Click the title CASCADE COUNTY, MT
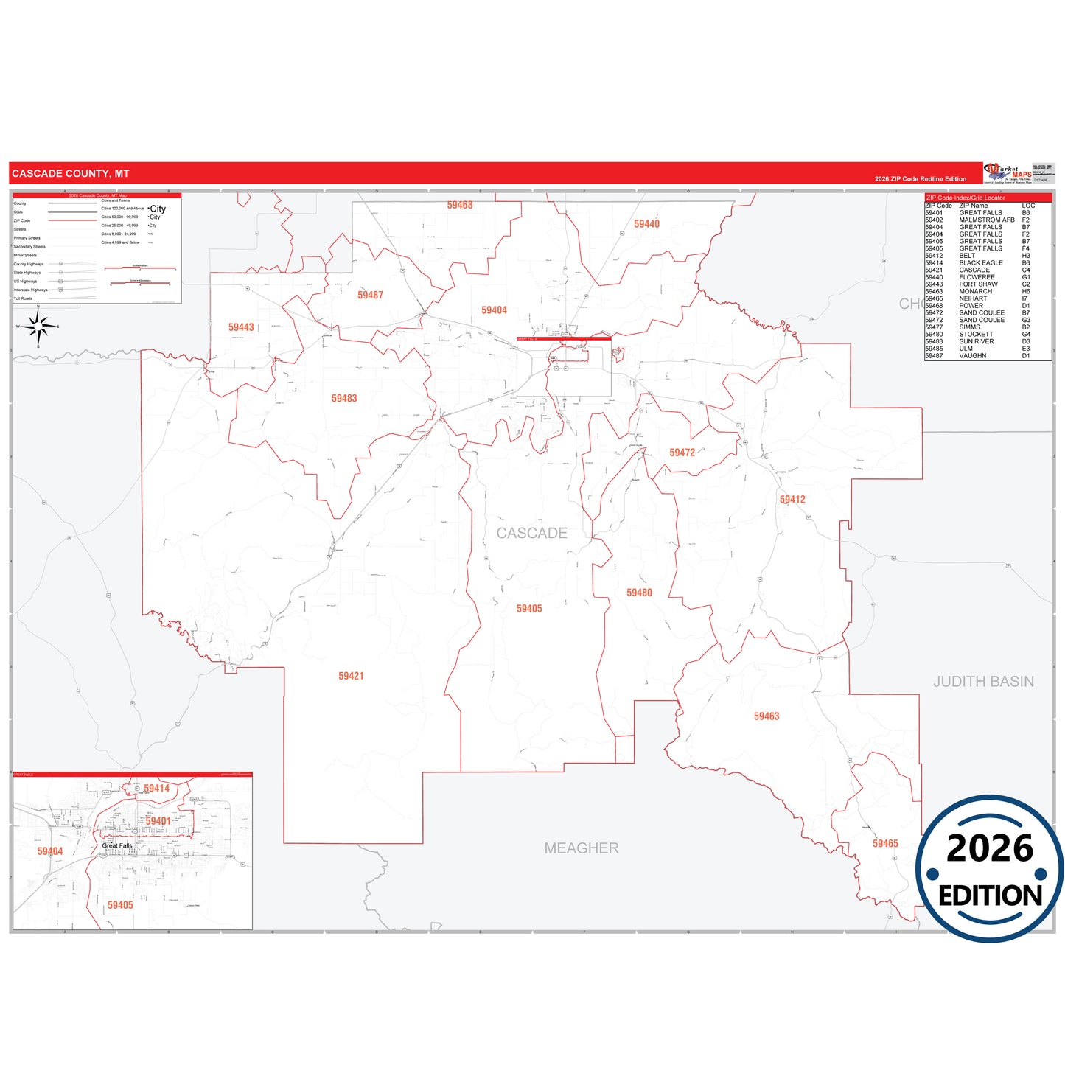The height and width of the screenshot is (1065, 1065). pyautogui.click(x=71, y=174)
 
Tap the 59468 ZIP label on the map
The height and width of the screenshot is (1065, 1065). pyautogui.click(x=459, y=205)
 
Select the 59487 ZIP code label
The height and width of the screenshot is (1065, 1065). pyautogui.click(x=370, y=295)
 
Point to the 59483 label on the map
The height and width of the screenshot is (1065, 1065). pyautogui.click(x=343, y=398)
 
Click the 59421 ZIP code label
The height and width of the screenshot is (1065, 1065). pyautogui.click(x=351, y=676)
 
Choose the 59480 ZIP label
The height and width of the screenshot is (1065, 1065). pyautogui.click(x=639, y=593)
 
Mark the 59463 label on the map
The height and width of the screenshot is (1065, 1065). pyautogui.click(x=766, y=716)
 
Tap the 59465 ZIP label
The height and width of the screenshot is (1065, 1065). pyautogui.click(x=885, y=843)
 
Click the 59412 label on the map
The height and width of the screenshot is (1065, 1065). pyautogui.click(x=792, y=499)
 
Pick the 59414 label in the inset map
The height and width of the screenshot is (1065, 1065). pyautogui.click(x=156, y=789)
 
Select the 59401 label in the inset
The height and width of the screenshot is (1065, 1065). pyautogui.click(x=158, y=821)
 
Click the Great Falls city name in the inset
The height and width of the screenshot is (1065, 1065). pyautogui.click(x=117, y=845)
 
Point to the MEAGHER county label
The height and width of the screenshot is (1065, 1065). pyautogui.click(x=582, y=848)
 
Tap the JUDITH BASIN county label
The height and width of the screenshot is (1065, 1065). pyautogui.click(x=983, y=682)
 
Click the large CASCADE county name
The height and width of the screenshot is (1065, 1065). pyautogui.click(x=531, y=533)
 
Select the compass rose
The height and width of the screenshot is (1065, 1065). pyautogui.click(x=38, y=326)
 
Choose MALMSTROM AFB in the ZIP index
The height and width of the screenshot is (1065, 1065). pyautogui.click(x=986, y=220)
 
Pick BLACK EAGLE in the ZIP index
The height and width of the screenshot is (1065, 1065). pyautogui.click(x=980, y=263)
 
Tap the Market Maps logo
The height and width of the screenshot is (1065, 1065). pyautogui.click(x=1008, y=173)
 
